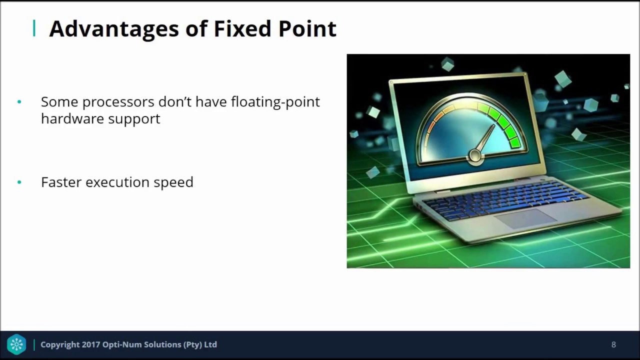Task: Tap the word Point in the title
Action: point(307,29)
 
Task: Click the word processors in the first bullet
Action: point(118,102)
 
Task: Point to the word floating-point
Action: point(275,102)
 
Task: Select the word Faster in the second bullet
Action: point(61,182)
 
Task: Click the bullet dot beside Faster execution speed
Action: point(19,182)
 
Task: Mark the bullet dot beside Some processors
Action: point(19,102)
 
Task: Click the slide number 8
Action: point(613,344)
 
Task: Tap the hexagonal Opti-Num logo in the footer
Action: point(16,344)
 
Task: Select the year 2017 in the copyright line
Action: point(90,344)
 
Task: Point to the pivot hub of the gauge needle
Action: point(474,156)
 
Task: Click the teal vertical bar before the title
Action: point(34,28)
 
